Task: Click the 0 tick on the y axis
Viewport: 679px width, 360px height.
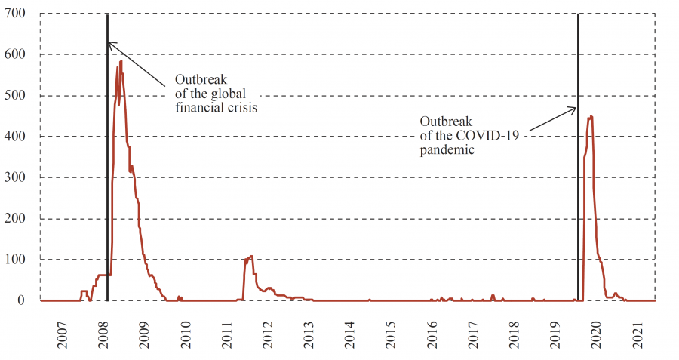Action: (25, 300)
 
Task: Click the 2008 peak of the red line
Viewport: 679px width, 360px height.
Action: (121, 61)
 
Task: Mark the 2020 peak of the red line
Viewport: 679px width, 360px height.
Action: (591, 115)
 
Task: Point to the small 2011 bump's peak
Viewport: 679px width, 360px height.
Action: (251, 256)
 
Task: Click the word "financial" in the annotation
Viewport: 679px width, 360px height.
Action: (198, 108)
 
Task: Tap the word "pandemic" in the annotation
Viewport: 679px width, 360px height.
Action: (447, 149)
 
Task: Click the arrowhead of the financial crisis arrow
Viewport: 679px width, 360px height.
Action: (109, 42)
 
